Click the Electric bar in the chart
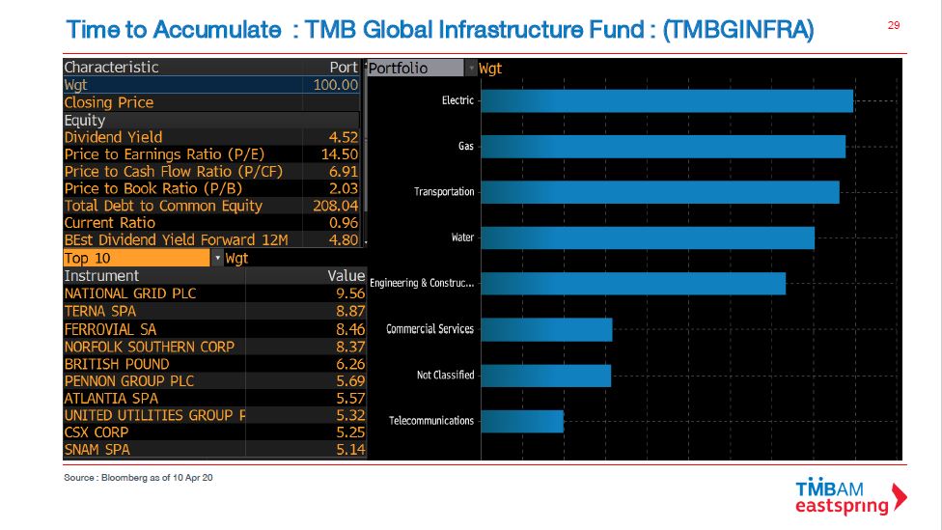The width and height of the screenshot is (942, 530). pos(667,100)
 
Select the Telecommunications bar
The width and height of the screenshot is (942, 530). pos(521,421)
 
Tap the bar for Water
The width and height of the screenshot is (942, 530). pos(648,237)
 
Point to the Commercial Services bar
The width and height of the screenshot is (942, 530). pos(546,329)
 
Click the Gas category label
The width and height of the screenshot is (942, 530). pos(466,147)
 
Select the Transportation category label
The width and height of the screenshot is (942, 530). pos(444,192)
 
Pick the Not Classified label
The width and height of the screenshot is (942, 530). pos(445,375)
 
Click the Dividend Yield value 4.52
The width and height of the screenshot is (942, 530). pos(344,137)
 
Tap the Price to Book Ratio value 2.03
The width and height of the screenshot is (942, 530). pos(344,188)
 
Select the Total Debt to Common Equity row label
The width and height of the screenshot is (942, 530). pos(163,206)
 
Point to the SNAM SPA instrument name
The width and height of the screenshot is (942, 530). pos(97,450)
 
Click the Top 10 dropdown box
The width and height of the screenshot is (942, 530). pos(143,258)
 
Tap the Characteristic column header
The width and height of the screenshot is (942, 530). pos(111,68)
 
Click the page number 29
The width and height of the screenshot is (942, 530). pos(893,25)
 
